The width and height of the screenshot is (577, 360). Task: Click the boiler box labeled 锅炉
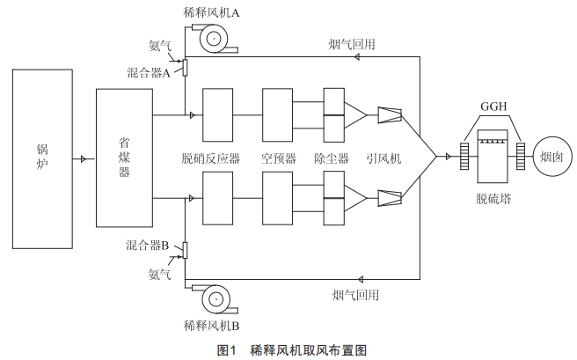click(42, 159)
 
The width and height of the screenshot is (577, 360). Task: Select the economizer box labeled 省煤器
click(124, 158)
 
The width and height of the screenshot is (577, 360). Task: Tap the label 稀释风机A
click(212, 13)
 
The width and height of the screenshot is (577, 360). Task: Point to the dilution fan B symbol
click(215, 299)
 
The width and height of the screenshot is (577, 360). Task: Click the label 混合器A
click(149, 72)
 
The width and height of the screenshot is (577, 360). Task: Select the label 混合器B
click(147, 246)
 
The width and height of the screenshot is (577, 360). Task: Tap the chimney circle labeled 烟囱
click(552, 157)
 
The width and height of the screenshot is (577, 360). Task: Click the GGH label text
click(493, 107)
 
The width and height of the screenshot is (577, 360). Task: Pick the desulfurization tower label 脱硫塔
click(493, 199)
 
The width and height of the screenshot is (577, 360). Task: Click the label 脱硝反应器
click(211, 158)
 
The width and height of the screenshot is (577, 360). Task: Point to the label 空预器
click(279, 158)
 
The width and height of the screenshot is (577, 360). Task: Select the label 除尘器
click(332, 158)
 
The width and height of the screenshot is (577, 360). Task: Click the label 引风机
click(383, 158)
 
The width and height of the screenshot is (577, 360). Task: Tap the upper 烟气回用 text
click(352, 45)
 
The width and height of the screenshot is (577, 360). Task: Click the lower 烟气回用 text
click(355, 295)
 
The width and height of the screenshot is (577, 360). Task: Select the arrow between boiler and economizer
click(84, 159)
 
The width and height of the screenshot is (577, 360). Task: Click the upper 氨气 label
click(160, 46)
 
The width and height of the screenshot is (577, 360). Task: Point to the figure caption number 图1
click(226, 350)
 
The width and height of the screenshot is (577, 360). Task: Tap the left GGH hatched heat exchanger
click(464, 157)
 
